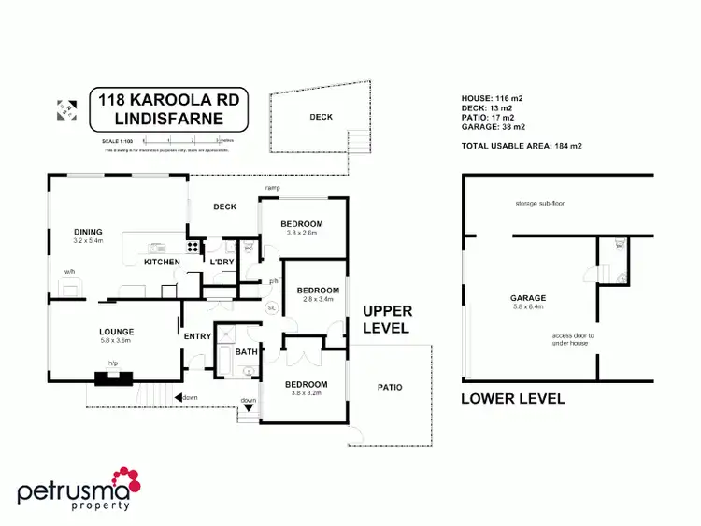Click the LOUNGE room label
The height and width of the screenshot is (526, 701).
click(x=117, y=331)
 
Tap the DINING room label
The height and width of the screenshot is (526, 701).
click(x=88, y=232)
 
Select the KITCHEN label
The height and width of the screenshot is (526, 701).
click(x=162, y=263)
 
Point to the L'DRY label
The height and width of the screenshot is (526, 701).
click(x=221, y=262)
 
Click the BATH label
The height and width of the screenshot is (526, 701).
click(x=246, y=351)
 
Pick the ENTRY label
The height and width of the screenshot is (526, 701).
click(x=198, y=336)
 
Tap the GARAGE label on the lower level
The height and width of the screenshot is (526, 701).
click(x=528, y=298)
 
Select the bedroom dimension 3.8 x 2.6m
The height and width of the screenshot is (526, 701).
click(x=302, y=233)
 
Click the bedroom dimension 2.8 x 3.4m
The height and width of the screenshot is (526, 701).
click(x=318, y=300)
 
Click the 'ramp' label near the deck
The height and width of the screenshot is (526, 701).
click(x=273, y=189)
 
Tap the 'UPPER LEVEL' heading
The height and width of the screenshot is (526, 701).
click(x=385, y=319)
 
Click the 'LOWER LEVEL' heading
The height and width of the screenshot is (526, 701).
click(x=513, y=399)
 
